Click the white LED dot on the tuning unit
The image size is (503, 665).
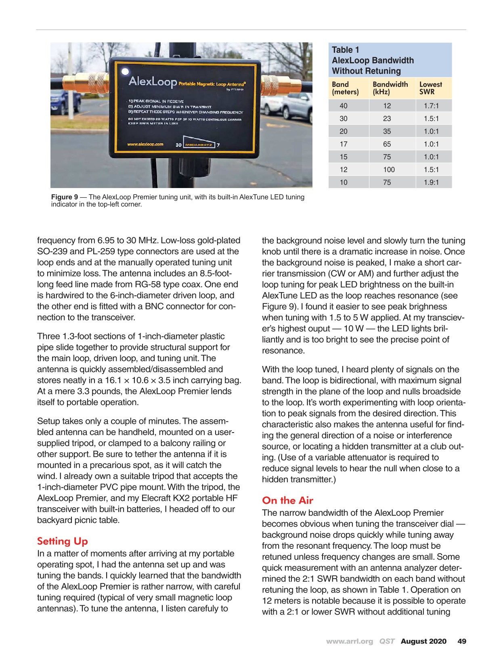click(x=125, y=72)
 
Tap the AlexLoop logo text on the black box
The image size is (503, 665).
click(x=153, y=82)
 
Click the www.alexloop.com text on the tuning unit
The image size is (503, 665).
click(x=145, y=144)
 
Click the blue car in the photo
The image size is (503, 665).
click(x=61, y=106)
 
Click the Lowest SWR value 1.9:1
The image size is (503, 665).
click(x=431, y=182)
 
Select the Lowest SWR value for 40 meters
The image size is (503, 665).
click(x=431, y=106)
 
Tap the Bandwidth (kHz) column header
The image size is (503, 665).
click(x=390, y=88)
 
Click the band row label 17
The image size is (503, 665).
click(x=344, y=144)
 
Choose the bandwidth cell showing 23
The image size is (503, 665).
click(x=387, y=119)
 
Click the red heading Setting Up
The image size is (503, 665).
click(x=62, y=541)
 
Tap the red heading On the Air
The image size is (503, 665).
click(x=287, y=500)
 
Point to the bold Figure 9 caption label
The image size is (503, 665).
click(x=65, y=197)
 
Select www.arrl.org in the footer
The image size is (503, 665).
click(x=349, y=642)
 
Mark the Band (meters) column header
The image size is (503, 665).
click(x=345, y=88)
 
